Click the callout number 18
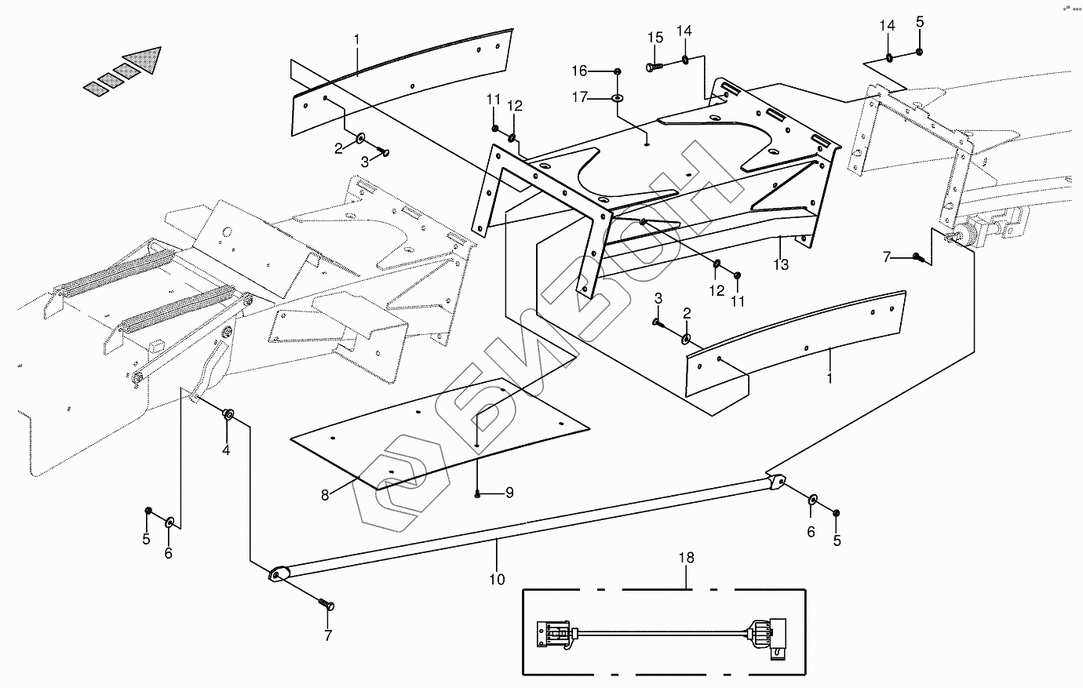pos(687,558)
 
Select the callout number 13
pos(781,264)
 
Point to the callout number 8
pos(325,494)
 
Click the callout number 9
pos(509,493)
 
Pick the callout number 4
pos(226,450)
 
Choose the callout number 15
pos(655,38)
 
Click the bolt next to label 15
pos(654,67)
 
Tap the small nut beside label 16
pos(618,71)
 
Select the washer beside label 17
pos(618,98)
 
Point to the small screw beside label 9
pos(477,493)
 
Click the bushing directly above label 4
pos(228,413)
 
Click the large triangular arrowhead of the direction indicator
pos(146,59)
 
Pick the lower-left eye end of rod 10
pos(277,575)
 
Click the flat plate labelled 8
pos(439,431)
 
